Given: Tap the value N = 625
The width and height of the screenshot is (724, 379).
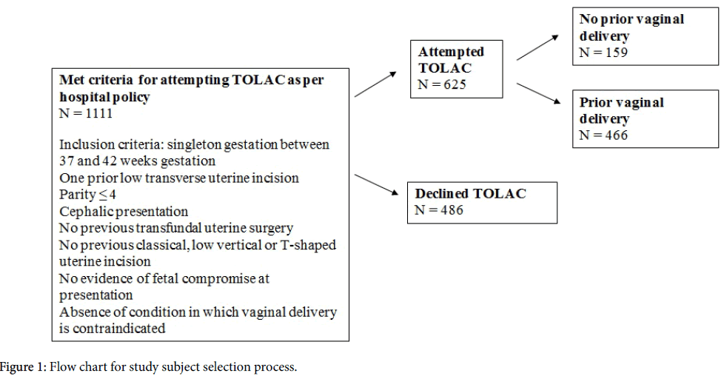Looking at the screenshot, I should click(442, 84).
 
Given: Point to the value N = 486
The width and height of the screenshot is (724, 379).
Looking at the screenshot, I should click(439, 210).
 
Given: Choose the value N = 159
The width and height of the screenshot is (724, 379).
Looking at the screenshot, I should click(604, 53).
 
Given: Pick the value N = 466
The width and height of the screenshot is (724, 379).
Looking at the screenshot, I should click(604, 135).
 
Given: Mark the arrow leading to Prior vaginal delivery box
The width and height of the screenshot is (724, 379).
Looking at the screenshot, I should click(541, 95).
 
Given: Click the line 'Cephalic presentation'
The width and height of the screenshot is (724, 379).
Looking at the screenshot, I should click(124, 212).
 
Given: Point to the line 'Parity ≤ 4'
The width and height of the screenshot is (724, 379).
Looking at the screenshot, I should click(90, 195).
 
